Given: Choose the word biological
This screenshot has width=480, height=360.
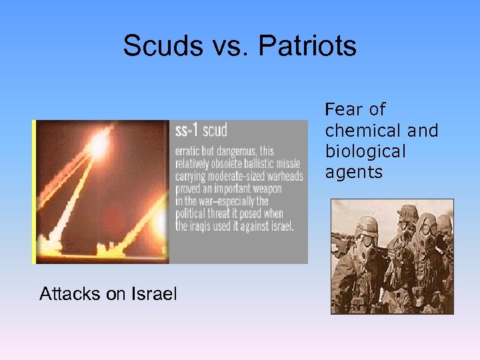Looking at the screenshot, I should point(365,151).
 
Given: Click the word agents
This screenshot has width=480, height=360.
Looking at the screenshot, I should point(354,173).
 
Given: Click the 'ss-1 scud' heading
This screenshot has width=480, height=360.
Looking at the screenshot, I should point(201,130).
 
